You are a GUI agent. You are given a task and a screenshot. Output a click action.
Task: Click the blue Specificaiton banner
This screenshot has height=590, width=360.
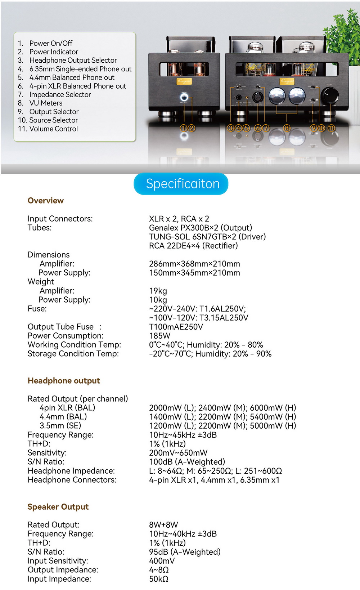pos(181,184)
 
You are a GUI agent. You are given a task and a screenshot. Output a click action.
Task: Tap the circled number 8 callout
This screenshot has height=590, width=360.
pos(287,128)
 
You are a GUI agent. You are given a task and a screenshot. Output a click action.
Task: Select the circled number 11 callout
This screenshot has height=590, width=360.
pos(331,128)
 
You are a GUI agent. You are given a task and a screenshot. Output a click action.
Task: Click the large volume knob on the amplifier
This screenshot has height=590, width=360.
pos(330,95)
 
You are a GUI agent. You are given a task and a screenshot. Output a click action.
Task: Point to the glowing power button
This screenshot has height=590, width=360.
pos(184,98)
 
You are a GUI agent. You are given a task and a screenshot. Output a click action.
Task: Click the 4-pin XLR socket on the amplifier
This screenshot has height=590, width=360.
pos(258,97)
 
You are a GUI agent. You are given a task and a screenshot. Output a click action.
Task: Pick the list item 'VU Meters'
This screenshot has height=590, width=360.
pos(46,103)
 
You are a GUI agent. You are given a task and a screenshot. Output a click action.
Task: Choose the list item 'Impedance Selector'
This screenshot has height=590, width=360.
pos(60,94)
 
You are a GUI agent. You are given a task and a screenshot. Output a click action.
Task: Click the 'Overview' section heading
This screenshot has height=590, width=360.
pos(46,201)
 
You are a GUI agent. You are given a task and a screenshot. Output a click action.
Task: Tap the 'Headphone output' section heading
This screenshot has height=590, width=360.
pos(64,381)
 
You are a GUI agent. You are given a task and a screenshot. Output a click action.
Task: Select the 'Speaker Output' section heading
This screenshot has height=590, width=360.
pos(58,507)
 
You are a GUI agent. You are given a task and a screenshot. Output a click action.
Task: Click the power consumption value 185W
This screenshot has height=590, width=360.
pos(159,336)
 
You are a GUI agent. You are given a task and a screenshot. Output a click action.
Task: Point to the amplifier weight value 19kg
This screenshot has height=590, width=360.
pos(158,291)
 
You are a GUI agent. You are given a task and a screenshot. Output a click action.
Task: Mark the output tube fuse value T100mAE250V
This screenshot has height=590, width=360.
pos(176,327)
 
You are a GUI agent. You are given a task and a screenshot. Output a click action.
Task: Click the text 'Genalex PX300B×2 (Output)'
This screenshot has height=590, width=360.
pos(201,228)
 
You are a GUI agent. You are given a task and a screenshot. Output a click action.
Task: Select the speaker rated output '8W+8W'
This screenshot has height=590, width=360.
pos(163,525)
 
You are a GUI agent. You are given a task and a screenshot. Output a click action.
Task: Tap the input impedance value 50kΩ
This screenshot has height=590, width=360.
pos(159,579)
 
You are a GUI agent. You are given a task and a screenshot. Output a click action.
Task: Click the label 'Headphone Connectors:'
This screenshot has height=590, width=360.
pos(72,480)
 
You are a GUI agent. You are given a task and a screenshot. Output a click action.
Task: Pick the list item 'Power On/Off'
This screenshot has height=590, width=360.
pos(51,43)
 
